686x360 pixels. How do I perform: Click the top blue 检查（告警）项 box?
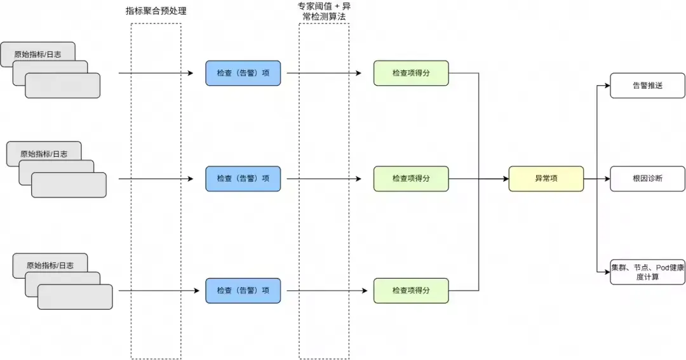(243, 73)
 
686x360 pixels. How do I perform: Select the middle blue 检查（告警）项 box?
(243, 178)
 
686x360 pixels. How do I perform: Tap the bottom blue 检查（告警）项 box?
(243, 290)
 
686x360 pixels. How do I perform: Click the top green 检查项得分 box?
(411, 73)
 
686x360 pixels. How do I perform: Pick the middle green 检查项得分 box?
(411, 178)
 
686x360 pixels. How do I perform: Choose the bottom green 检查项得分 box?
(411, 290)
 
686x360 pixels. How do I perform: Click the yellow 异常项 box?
(546, 178)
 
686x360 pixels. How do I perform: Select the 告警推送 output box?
(647, 85)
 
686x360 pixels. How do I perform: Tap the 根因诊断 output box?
(647, 178)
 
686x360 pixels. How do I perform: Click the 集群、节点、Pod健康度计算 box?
(647, 272)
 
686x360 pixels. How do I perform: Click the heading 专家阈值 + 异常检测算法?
(324, 11)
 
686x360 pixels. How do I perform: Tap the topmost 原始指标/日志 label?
(37, 55)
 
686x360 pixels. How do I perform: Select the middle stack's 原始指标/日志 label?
(43, 154)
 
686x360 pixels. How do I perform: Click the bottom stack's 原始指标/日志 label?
(50, 265)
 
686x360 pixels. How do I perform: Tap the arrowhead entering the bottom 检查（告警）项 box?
(202, 290)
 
